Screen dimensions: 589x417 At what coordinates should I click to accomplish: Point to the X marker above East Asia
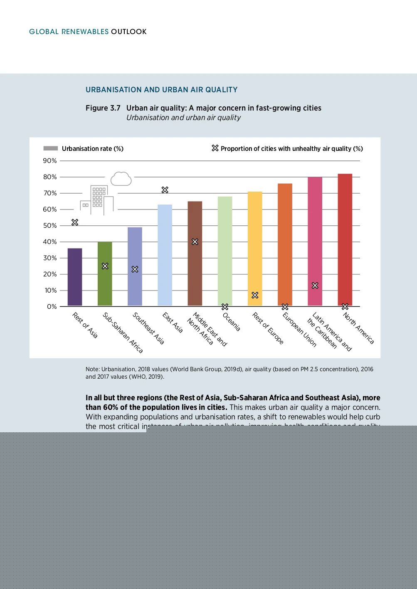coord(165,190)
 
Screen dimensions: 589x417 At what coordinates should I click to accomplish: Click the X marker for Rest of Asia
coord(75,222)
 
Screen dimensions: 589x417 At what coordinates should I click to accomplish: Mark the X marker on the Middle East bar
coord(195,242)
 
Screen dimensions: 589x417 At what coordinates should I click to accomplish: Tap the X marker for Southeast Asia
coord(135,269)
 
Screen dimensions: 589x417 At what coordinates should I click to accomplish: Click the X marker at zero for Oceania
coord(225,307)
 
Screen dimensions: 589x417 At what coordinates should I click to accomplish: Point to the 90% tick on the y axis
coord(50,161)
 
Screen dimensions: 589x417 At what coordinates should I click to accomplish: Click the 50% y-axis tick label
coord(50,226)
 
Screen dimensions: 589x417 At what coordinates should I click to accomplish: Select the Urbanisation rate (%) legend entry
coord(92,149)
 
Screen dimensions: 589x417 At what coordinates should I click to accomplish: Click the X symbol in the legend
coord(215,148)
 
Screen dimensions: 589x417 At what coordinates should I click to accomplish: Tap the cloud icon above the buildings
coord(121,179)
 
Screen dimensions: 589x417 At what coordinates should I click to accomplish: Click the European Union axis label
coord(299,329)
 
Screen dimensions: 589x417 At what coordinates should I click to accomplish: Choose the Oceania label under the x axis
coord(232,322)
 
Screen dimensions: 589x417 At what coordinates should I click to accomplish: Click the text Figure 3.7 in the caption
coord(103,108)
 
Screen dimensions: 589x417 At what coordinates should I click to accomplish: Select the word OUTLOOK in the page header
coord(128,32)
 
